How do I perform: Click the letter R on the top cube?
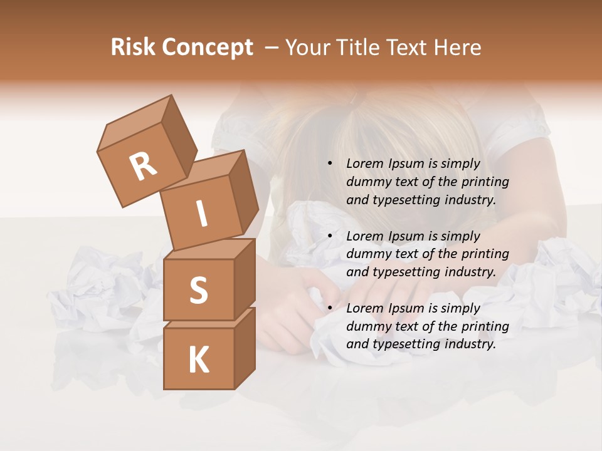pos(143,167)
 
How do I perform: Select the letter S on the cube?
pos(198,290)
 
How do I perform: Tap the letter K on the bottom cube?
pos(198,360)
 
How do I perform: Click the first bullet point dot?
pos(329,164)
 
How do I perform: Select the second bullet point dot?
pos(329,236)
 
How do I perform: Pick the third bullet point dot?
pos(329,308)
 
